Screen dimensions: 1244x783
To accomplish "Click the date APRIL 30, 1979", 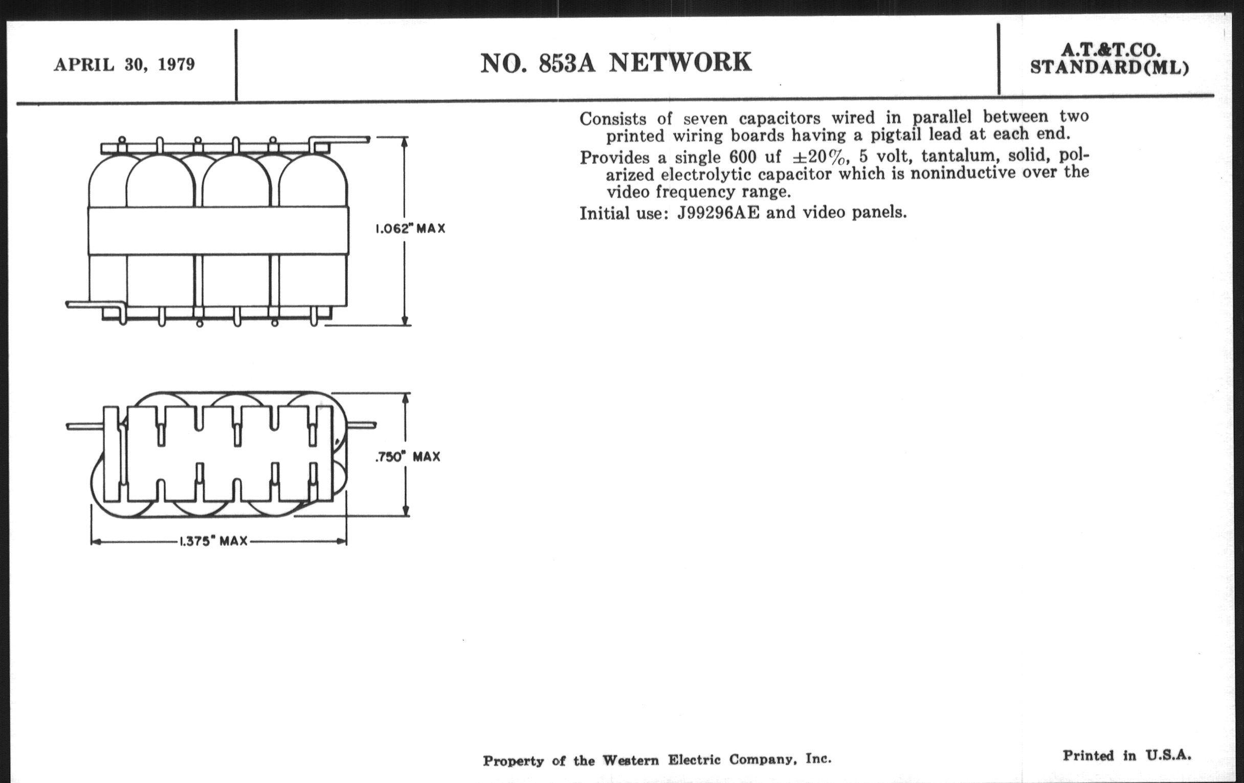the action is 124,65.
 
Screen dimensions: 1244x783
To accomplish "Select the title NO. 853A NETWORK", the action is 616,62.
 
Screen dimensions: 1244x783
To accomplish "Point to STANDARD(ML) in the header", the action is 1109,67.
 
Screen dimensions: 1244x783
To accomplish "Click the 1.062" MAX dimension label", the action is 410,228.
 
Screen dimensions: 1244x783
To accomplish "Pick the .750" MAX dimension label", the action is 408,457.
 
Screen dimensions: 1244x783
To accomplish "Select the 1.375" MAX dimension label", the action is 213,541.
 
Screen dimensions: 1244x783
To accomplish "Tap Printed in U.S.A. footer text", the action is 1127,755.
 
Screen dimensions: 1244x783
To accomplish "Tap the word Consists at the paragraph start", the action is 613,119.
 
